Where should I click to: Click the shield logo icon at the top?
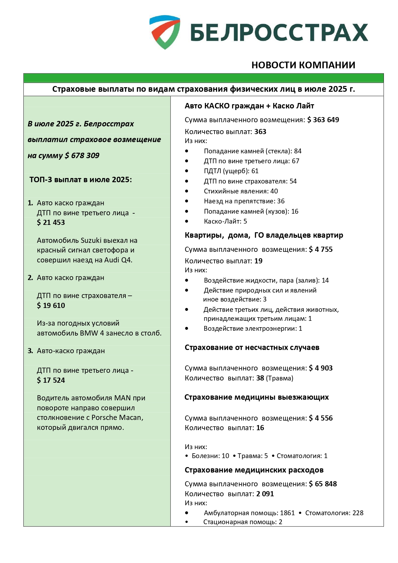pyautogui.click(x=165, y=32)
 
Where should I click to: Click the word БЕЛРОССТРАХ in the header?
pyautogui.click(x=279, y=32)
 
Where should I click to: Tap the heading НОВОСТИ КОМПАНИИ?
pyautogui.click(x=303, y=65)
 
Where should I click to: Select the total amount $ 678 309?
pyautogui.click(x=82, y=156)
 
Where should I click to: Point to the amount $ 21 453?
pyautogui.click(x=51, y=222)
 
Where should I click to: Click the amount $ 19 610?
pyautogui.click(x=51, y=305)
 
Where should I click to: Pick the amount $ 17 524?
pyautogui.click(x=51, y=380)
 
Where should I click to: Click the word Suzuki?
pyautogui.click(x=91, y=240)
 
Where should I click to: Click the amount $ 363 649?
pyautogui.click(x=323, y=120)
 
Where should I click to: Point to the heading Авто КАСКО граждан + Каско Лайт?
pyautogui.click(x=249, y=106)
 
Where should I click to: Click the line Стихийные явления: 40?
pyautogui.click(x=241, y=191)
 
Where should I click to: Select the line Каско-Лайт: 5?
pyautogui.click(x=225, y=221)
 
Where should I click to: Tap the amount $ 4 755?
pyautogui.click(x=321, y=249)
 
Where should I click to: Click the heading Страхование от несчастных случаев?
pyautogui.click(x=252, y=347)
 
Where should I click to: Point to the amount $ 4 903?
pyautogui.click(x=321, y=368)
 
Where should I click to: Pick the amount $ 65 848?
pyautogui.click(x=323, y=484)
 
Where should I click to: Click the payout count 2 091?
pyautogui.click(x=265, y=494)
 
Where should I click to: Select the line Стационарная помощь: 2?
pyautogui.click(x=243, y=522)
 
